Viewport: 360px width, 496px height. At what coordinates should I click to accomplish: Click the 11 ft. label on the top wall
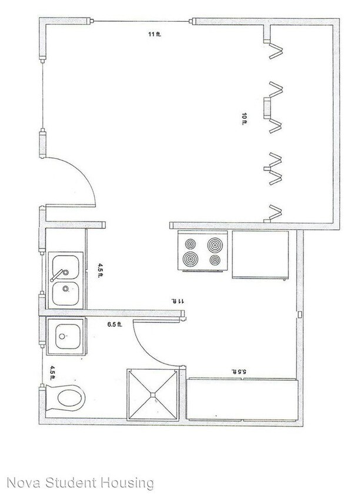click(155, 35)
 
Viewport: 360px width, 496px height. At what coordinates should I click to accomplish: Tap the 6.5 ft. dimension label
click(114, 324)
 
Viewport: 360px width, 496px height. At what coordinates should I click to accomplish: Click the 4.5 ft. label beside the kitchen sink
click(101, 271)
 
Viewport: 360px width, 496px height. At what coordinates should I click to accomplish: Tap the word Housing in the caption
click(125, 484)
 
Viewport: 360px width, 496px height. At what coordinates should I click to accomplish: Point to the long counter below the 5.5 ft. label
click(241, 399)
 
